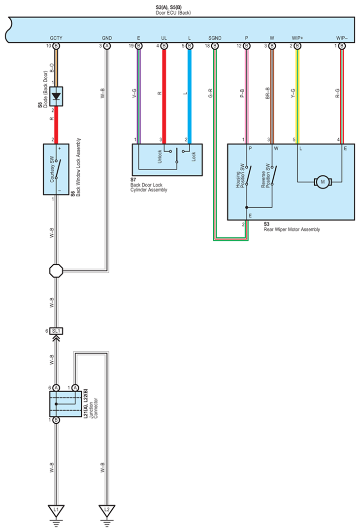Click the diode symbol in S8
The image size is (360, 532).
click(x=56, y=96)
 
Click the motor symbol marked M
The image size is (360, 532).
click(x=323, y=182)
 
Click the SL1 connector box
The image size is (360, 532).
click(x=56, y=331)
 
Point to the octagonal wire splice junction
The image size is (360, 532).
click(x=56, y=271)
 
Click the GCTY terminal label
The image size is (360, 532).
click(x=56, y=38)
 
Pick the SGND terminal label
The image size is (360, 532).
click(x=215, y=38)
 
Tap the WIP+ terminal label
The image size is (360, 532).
click(x=297, y=38)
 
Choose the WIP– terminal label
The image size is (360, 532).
click(x=342, y=38)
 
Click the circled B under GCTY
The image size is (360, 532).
click(x=56, y=46)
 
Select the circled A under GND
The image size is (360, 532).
click(x=107, y=46)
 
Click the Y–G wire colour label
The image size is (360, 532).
click(x=293, y=94)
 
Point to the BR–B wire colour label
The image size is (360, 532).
click(x=267, y=94)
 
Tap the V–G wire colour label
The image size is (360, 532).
click(x=134, y=94)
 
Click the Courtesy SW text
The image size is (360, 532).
click(x=52, y=169)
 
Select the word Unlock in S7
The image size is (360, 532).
click(x=160, y=157)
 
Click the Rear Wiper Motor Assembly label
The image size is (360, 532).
click(x=292, y=229)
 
